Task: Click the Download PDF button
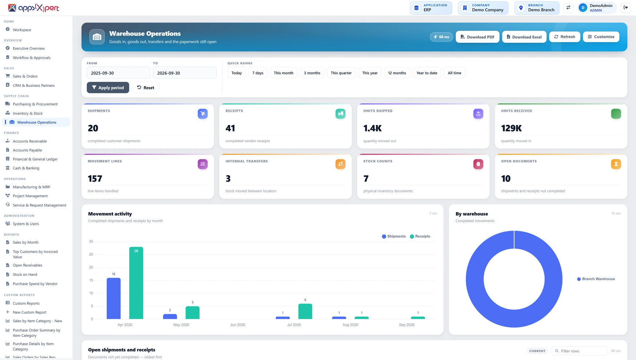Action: (477, 37)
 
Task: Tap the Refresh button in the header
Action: (564, 37)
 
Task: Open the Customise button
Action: (601, 37)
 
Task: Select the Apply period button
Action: (108, 88)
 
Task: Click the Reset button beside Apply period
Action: (146, 88)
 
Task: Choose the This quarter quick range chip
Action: (341, 73)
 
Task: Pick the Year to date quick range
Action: (427, 73)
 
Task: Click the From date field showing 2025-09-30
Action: (118, 73)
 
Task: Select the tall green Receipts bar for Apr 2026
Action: (136, 283)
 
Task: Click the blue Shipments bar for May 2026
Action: (170, 316)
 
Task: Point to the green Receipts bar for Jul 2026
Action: (305, 311)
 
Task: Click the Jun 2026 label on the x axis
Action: (237, 325)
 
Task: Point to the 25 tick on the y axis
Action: (91, 254)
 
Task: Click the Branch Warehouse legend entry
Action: (596, 279)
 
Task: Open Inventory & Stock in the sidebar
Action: (28, 113)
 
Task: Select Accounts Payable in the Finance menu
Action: (27, 150)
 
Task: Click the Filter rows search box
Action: (579, 351)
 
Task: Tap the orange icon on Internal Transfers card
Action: (341, 164)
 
